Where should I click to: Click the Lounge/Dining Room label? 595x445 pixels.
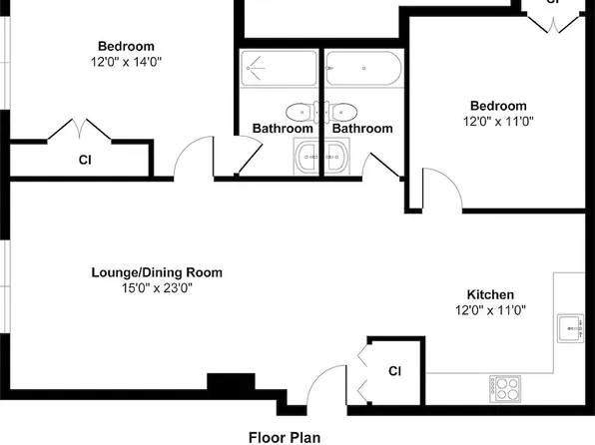tap(157, 272)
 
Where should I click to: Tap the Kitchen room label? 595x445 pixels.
tap(490, 294)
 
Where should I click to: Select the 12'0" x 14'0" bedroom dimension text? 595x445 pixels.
tap(126, 62)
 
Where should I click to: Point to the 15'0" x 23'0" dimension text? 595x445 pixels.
tap(157, 288)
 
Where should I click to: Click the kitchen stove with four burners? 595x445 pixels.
tap(505, 389)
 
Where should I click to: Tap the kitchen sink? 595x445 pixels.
tap(570, 328)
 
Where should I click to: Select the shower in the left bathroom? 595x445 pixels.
tap(279, 68)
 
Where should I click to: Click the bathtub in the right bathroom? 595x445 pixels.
tap(363, 68)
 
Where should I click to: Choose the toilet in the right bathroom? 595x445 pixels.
tap(340, 113)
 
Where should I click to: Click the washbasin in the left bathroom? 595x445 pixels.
tap(306, 157)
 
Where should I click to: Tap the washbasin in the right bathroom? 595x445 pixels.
tap(336, 157)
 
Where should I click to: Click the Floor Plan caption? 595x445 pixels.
tap(285, 437)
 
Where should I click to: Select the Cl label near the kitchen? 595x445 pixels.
tap(394, 371)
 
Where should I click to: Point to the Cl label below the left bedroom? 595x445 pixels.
tap(85, 160)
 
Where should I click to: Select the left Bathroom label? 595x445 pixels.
tap(283, 129)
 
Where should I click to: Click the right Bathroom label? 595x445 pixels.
tap(362, 129)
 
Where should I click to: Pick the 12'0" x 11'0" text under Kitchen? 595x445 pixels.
tap(490, 310)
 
